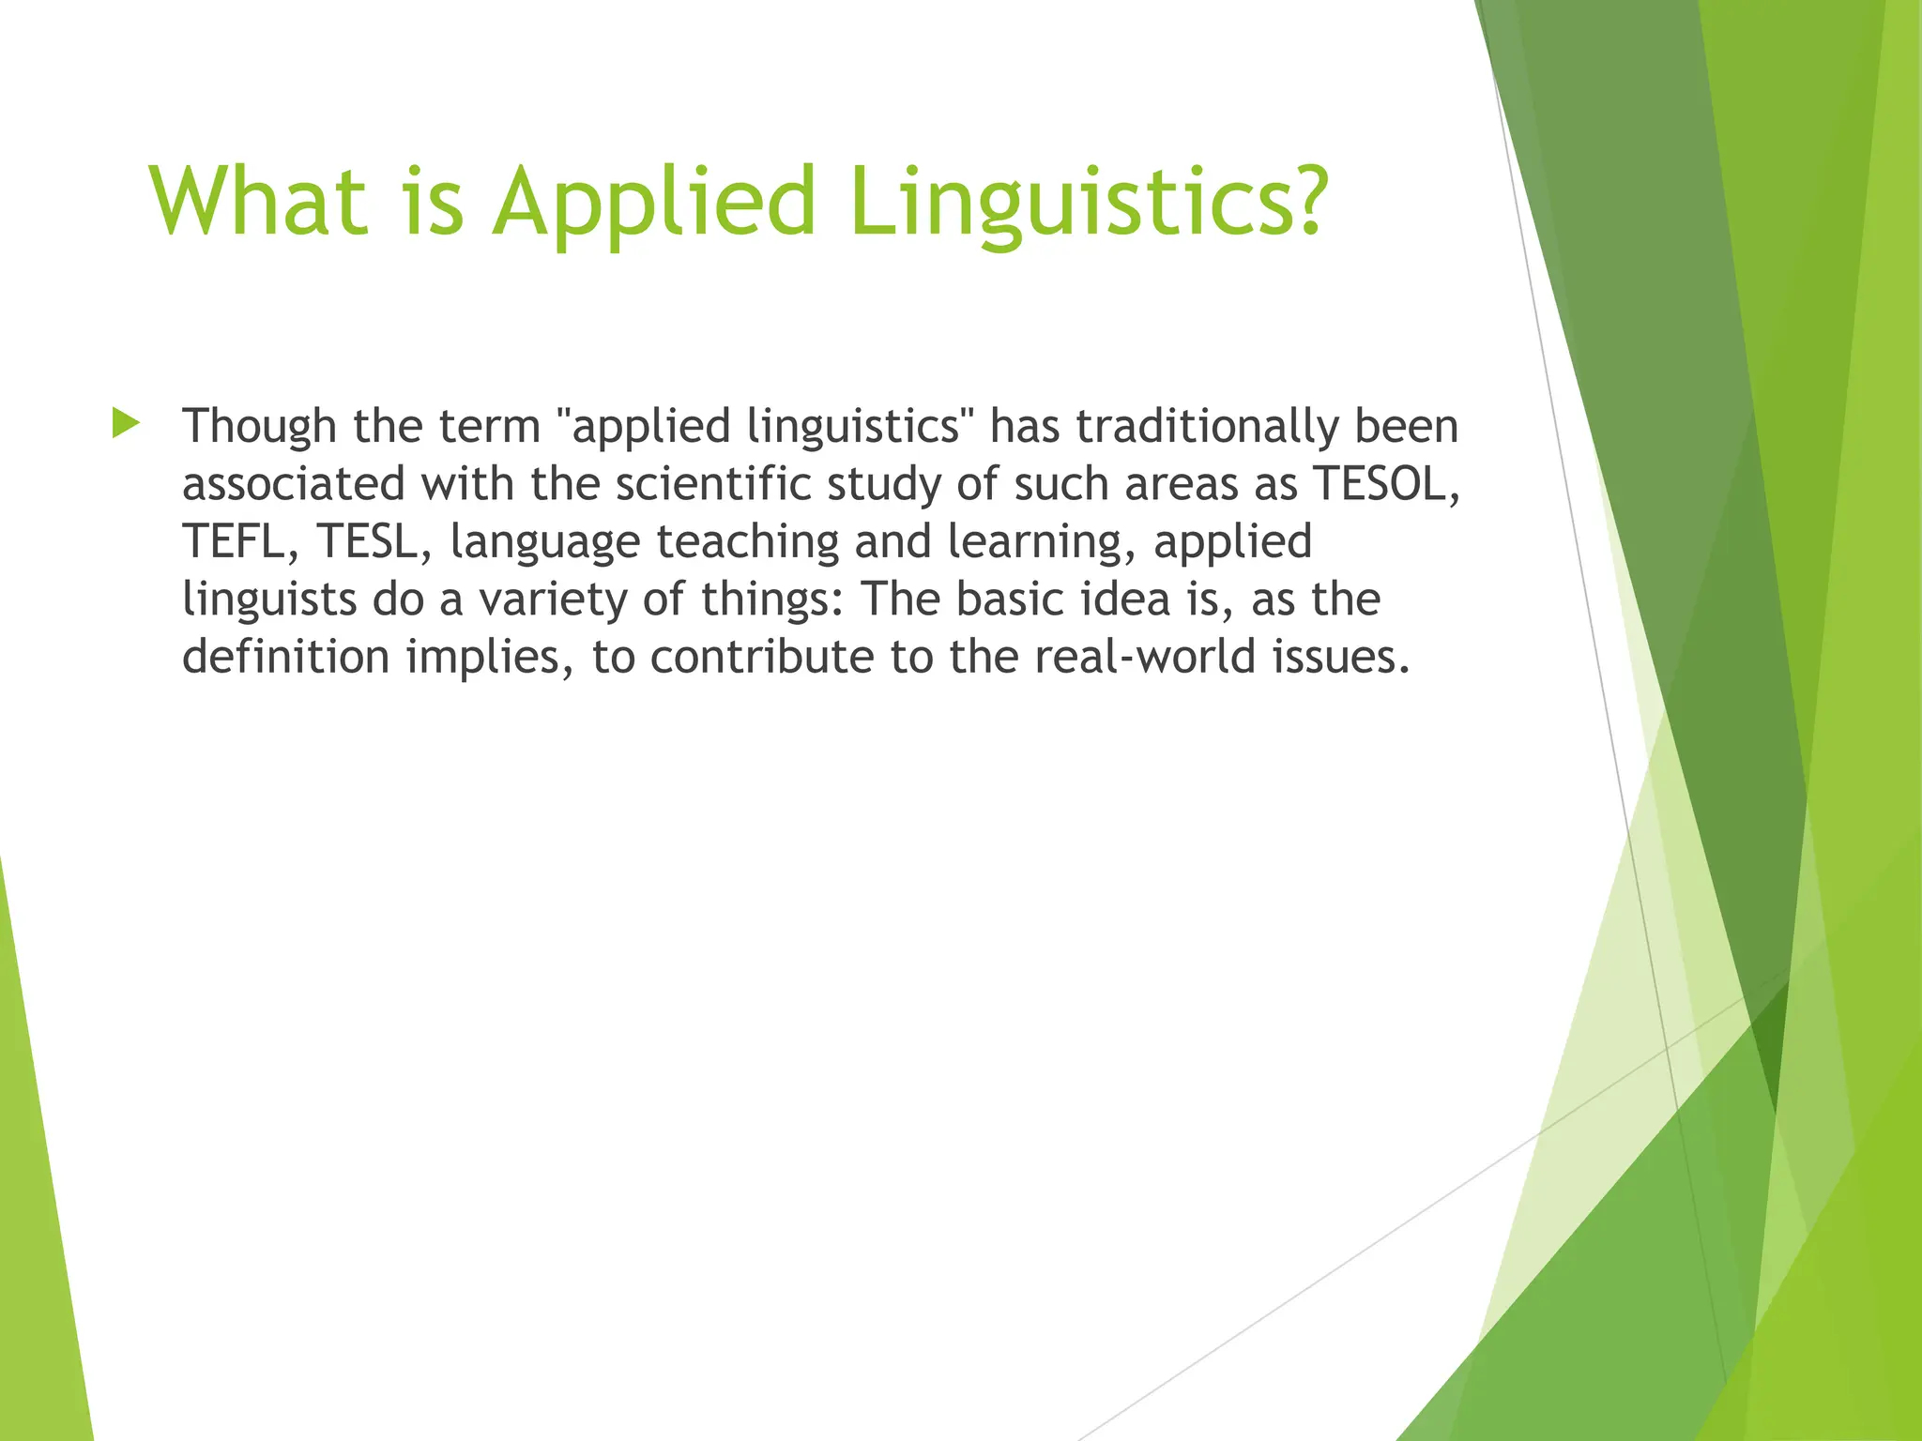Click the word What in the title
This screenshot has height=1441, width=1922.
click(x=258, y=201)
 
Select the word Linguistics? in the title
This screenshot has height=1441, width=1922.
click(x=1088, y=201)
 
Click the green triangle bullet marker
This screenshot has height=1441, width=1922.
click(x=125, y=423)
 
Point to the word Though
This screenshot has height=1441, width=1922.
click(x=259, y=426)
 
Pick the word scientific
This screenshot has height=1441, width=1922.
click(x=713, y=484)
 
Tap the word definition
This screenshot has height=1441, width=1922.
click(x=285, y=656)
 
